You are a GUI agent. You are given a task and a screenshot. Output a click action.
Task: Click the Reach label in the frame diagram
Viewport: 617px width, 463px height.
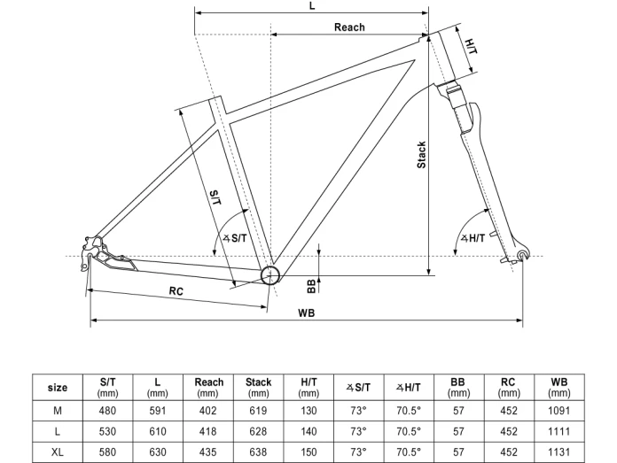click(349, 27)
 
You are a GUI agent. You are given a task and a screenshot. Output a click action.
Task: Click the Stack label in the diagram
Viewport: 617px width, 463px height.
click(422, 155)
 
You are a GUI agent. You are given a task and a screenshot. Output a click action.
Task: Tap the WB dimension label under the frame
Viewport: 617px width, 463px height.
click(307, 313)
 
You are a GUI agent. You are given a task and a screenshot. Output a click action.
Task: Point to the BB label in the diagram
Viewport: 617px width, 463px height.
click(311, 285)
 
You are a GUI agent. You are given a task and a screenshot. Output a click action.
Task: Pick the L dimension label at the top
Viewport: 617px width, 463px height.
click(312, 5)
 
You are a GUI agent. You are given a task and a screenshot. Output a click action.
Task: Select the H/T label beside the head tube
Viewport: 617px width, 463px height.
click(471, 44)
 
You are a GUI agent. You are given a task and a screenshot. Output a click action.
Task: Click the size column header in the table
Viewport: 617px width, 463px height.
click(58, 387)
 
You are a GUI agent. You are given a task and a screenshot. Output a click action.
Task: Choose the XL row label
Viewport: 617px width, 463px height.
click(58, 451)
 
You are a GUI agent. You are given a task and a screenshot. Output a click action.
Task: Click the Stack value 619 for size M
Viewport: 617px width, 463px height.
click(258, 411)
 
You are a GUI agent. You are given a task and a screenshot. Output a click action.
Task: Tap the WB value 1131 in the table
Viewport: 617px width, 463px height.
click(558, 451)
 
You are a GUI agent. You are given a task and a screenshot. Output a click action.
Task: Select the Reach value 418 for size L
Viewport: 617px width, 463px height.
click(208, 431)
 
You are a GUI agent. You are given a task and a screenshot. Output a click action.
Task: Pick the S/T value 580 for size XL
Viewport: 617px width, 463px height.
click(107, 451)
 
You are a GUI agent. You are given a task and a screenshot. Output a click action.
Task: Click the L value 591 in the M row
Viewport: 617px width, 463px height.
click(158, 411)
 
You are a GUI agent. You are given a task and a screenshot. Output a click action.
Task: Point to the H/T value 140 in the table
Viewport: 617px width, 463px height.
click(308, 431)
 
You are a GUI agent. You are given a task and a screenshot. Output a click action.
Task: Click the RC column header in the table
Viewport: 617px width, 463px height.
click(508, 387)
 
